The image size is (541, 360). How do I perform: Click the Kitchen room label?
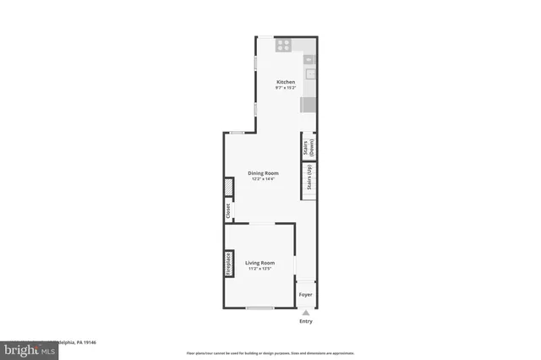[286, 82]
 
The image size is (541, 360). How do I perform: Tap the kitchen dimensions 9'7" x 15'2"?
[286, 88]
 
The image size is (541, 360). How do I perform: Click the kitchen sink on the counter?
[309, 74]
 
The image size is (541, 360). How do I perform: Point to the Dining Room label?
[263, 173]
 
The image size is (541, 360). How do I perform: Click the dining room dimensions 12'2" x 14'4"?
[263, 179]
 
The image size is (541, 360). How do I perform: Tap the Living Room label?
[260, 263]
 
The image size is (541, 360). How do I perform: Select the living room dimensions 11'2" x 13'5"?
[260, 269]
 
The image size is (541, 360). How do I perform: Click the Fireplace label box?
[228, 264]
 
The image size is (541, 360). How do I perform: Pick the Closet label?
[227, 210]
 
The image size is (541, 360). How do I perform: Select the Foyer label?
[306, 295]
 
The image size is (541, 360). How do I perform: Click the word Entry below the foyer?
[306, 321]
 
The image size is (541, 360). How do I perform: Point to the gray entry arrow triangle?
[306, 312]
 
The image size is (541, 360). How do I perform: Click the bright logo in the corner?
[25, 347]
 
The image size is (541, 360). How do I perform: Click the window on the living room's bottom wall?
[260, 308]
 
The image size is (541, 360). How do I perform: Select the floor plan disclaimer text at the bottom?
[270, 352]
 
